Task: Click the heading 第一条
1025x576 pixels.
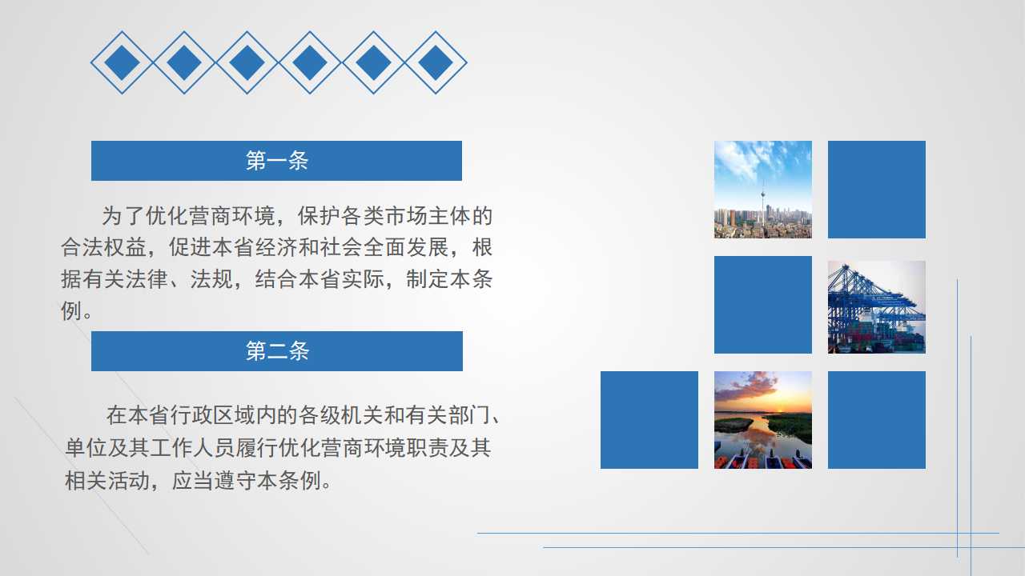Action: pos(277,161)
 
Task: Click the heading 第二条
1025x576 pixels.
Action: pos(277,351)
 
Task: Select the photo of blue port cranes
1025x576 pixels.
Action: pos(877,306)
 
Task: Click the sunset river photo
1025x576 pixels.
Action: pos(763,420)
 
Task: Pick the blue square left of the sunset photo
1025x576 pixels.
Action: pos(649,420)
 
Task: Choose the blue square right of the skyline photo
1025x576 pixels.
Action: pos(877,190)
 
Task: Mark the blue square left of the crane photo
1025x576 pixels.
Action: pos(763,305)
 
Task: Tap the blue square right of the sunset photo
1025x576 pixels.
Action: pos(877,420)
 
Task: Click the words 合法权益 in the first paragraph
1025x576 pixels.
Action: pos(104,247)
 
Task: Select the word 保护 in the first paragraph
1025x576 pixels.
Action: pos(319,216)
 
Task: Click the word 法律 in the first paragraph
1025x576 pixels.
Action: pos(147,279)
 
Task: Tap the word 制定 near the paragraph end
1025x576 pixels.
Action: pos(428,279)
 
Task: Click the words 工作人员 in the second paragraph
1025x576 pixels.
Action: pos(192,447)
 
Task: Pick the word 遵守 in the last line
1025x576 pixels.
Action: pos(235,481)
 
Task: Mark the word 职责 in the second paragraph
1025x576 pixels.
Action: pos(428,447)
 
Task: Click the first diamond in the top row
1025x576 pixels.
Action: pos(123,62)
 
